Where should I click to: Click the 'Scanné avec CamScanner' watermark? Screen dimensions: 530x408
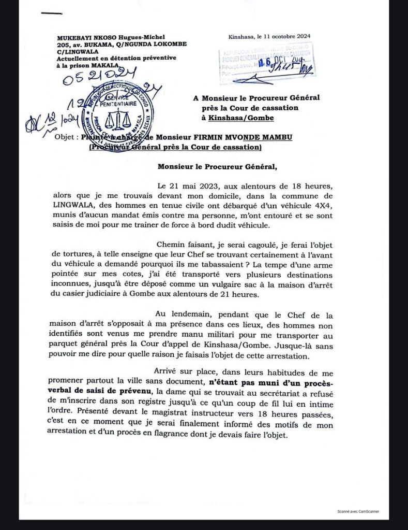pos(358,511)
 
